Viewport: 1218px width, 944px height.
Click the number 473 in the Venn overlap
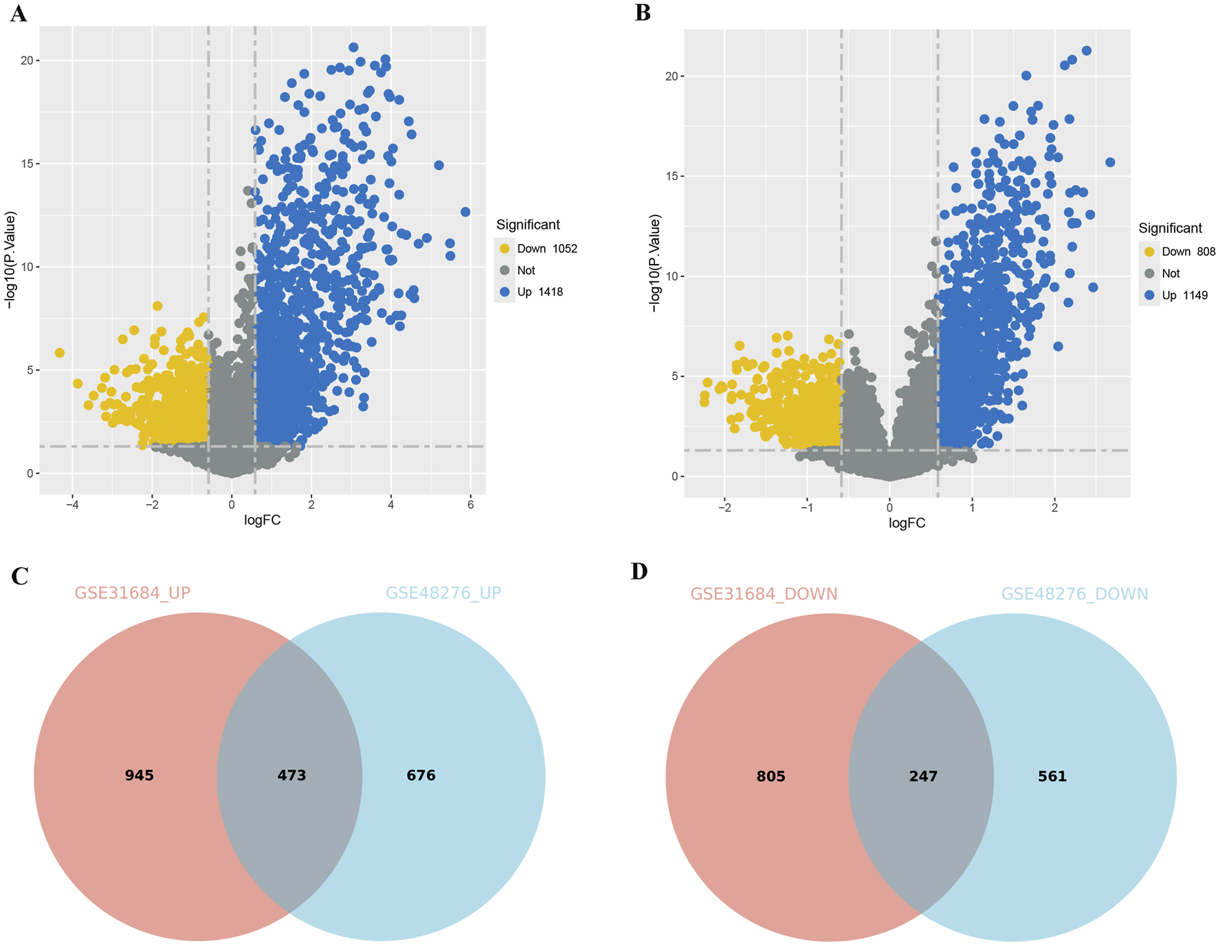pos(291,776)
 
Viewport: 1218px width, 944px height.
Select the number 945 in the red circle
pos(140,776)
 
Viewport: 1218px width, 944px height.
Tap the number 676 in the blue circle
pos(421,776)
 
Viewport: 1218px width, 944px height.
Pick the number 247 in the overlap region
pos(923,776)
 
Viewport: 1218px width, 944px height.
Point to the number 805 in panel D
pos(771,776)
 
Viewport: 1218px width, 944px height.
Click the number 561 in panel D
pos(1052,776)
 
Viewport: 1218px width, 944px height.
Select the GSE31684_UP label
pos(133,593)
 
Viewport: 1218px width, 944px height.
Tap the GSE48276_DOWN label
pos(1074,594)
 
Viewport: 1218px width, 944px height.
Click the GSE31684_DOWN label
pos(764,594)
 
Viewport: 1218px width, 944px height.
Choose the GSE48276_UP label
pos(443,593)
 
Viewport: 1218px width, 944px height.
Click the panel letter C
pos(20,576)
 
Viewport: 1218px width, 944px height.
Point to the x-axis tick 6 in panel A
pos(470,505)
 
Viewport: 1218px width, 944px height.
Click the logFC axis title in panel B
pos(907,523)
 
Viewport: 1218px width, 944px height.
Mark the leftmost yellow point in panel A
pos(60,353)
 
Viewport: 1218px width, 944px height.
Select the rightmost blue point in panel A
pos(465,212)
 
